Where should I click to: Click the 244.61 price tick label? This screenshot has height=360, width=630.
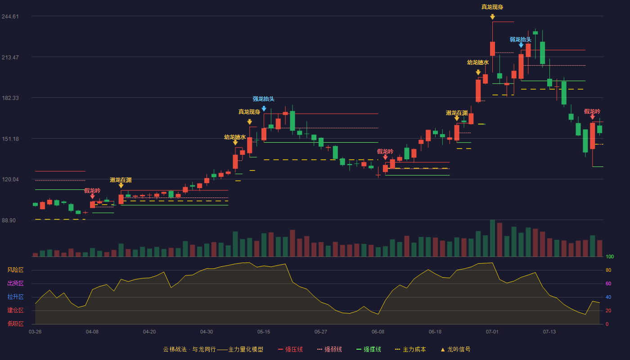(10, 17)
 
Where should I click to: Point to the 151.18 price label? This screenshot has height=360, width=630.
(10, 139)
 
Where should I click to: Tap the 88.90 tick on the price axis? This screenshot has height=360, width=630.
(9, 220)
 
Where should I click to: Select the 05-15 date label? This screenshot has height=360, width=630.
(264, 332)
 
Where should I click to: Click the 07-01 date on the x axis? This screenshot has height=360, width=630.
(492, 332)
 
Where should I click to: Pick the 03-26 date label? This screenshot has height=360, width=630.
(35, 332)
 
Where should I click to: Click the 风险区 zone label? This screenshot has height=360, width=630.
(15, 270)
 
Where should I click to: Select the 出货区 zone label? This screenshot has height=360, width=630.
(15, 283)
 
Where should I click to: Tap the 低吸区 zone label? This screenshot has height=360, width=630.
(15, 324)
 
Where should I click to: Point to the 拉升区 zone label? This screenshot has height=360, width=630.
(15, 297)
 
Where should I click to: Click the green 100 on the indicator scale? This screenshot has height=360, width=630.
(610, 256)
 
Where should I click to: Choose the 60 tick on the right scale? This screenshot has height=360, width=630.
(608, 283)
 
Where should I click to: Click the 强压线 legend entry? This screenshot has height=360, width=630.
(291, 349)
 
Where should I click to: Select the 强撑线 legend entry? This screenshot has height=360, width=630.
(369, 349)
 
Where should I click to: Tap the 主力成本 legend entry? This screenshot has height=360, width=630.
(410, 349)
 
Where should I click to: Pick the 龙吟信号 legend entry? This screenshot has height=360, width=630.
(455, 349)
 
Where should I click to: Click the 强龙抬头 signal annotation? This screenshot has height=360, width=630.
(264, 99)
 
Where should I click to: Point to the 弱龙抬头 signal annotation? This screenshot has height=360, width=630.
(521, 40)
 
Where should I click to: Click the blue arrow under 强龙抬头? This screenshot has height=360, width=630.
(264, 108)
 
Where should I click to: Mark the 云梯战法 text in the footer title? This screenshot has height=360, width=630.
(175, 349)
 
